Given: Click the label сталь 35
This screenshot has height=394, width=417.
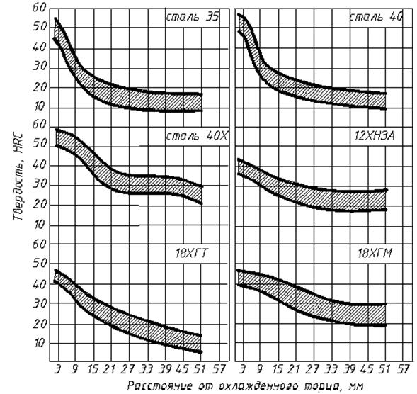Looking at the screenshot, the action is click(x=193, y=17).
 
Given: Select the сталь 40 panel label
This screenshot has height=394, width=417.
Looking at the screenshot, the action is click(x=376, y=17).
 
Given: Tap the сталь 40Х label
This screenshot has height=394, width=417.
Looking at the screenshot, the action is click(x=197, y=136).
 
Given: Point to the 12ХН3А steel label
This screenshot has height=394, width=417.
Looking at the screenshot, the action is click(x=375, y=136).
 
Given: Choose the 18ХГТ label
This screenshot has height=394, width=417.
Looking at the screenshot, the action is click(x=191, y=253).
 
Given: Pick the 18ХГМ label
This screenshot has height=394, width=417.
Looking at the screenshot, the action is click(x=375, y=253).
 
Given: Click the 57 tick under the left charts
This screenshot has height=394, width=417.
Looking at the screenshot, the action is click(x=219, y=369).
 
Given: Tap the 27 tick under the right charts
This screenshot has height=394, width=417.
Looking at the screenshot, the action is click(x=312, y=369).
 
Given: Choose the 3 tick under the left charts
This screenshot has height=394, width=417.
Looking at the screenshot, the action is click(x=57, y=369).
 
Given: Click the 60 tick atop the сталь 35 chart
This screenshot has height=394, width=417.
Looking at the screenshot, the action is click(x=40, y=8).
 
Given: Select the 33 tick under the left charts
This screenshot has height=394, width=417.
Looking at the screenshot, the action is click(x=147, y=369).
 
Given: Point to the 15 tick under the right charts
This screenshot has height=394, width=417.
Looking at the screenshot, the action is click(x=278, y=369).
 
